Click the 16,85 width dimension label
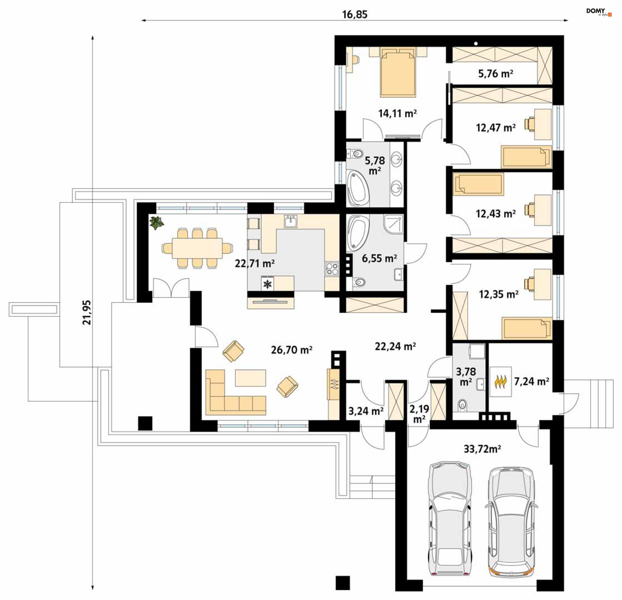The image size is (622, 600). coord(355,15)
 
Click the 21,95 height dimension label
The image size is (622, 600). coord(87,312)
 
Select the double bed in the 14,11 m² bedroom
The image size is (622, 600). coord(398,73)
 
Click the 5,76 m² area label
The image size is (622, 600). coord(496,74)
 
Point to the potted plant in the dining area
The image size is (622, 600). coord(157,223)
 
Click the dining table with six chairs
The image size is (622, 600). coord(197,248)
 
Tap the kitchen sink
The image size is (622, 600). coord(291,221)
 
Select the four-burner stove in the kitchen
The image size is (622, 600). coord(332,269)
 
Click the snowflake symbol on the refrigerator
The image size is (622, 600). coord(268,284)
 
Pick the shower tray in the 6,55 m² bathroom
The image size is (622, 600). coord(393,224)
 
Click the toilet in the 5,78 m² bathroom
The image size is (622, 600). coord(355,153)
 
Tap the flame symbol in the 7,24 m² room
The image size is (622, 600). coord(501,382)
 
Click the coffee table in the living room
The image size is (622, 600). coord(250,378)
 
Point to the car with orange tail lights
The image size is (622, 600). coord(511,522)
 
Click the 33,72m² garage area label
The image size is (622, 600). coord(482,449)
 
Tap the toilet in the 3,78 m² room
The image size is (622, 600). coord(462,404)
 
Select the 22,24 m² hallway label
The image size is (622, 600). coord(395,346)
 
